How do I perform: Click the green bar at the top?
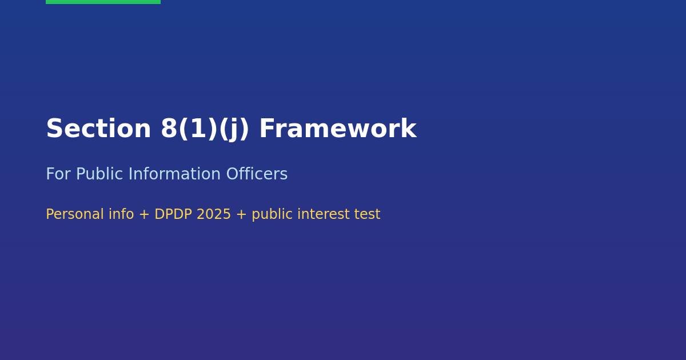[103, 2]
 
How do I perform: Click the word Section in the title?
[98, 129]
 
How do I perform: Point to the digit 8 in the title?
[169, 129]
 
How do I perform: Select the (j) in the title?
[234, 130]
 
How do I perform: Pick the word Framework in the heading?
[337, 129]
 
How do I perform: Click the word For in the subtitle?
[58, 175]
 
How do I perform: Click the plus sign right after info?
[144, 215]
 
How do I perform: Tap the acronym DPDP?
[174, 215]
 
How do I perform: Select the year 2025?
[214, 215]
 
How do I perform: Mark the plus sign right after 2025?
[241, 215]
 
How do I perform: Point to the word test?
[368, 215]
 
